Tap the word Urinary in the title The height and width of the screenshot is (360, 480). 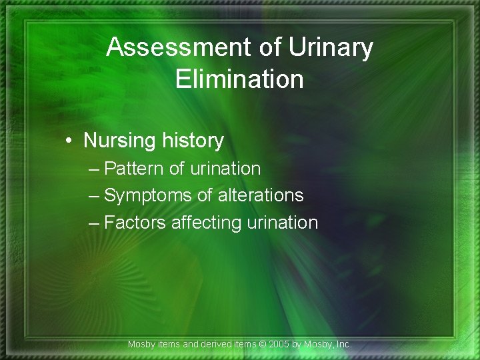pos(331,48)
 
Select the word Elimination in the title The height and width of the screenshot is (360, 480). pos(239,79)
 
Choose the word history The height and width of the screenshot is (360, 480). pos(192,141)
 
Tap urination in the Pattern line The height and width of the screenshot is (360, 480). pos(225,169)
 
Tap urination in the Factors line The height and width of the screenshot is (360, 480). pos(283,222)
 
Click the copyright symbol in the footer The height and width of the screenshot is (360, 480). pos(263,345)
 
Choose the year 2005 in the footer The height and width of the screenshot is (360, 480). pos(280,345)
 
